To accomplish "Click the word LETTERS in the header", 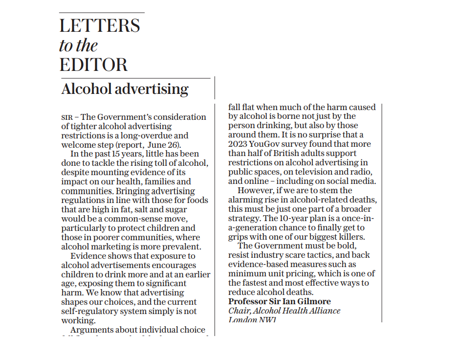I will pos(100,26).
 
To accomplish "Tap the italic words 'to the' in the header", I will pos(78,45).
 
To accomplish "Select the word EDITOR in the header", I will pos(93,65).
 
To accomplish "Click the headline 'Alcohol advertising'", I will pos(125,89).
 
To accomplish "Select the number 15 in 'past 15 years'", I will pos(115,154).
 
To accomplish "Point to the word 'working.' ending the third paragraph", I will pos(78,321).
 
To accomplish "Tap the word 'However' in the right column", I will pos(255,191).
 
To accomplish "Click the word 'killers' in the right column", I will pos(350,237).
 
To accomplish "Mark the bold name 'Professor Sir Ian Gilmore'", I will pos(279,302).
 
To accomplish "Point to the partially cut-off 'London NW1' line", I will pos(252,320).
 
